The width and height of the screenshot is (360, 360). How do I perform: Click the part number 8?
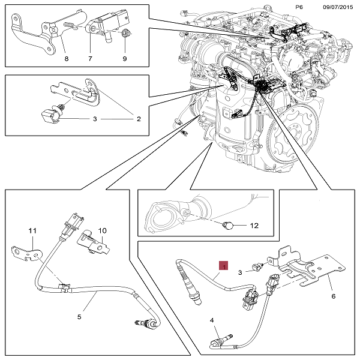[66, 59]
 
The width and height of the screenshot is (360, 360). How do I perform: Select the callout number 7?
[90, 59]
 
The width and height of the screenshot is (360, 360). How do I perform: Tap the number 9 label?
[125, 59]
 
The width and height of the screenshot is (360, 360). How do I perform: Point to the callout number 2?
[139, 119]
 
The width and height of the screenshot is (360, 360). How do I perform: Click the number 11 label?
[33, 230]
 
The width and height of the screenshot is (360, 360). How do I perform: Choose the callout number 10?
[102, 230]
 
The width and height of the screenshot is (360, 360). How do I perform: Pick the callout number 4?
[212, 321]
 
